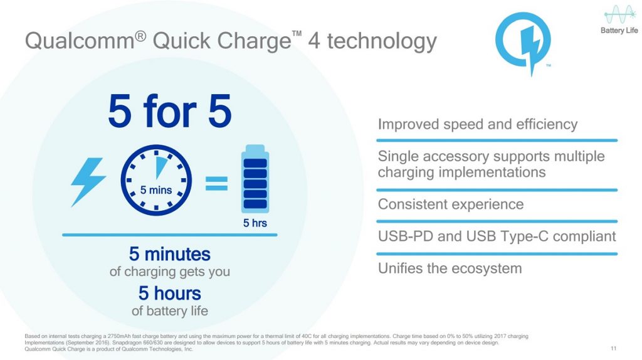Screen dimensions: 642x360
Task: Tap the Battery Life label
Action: tap(619, 30)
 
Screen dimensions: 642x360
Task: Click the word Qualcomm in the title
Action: tap(80, 41)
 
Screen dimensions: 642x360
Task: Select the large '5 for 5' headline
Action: tap(170, 111)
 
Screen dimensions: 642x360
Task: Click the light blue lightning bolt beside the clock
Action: tap(88, 181)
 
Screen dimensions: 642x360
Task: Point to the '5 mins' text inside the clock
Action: tap(156, 190)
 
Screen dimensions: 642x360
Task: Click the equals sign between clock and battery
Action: tap(216, 183)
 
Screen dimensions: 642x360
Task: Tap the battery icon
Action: tap(255, 179)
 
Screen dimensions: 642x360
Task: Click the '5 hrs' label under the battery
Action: tap(255, 223)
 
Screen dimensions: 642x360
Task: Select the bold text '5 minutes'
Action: tap(169, 254)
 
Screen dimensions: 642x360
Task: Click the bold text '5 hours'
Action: tap(169, 294)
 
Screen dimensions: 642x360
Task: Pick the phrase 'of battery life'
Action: tap(169, 311)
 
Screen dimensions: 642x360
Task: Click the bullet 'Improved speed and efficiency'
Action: tap(477, 124)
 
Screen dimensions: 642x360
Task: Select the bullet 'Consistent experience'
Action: tap(450, 204)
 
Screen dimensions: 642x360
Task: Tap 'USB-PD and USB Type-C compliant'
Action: tap(497, 236)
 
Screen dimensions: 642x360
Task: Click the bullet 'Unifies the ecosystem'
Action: tap(450, 268)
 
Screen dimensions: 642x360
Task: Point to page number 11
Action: tap(613, 349)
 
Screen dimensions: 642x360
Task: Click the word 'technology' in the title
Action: tap(382, 41)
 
